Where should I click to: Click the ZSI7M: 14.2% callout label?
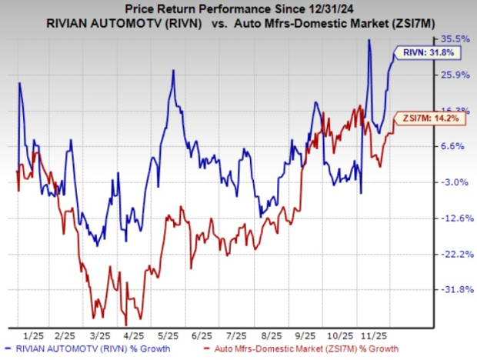[423, 118]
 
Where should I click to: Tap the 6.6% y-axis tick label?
[455, 146]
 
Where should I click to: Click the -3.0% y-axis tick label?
[455, 182]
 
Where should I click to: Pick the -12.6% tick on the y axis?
[454, 218]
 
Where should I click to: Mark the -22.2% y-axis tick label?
[454, 255]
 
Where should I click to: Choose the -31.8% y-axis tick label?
[454, 290]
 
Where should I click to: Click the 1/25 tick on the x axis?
[33, 336]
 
